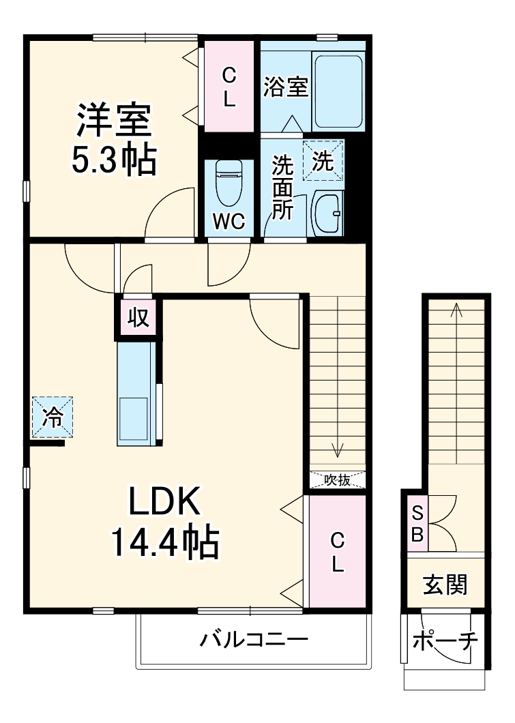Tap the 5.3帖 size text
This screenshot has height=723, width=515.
tap(113, 159)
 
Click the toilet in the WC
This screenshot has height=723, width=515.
tap(229, 183)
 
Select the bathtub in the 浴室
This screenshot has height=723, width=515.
tap(338, 91)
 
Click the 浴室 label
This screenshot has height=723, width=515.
tap(286, 86)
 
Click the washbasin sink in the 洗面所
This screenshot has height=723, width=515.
tap(328, 213)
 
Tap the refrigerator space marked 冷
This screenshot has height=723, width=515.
tap(53, 417)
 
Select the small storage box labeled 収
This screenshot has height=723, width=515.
tap(138, 317)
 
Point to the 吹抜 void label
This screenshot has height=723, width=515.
tap(338, 480)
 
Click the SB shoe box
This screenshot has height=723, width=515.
tap(417, 523)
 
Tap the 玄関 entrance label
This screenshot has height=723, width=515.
tap(445, 585)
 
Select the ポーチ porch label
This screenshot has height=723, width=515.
tap(445, 641)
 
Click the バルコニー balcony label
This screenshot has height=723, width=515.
tap(254, 640)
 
